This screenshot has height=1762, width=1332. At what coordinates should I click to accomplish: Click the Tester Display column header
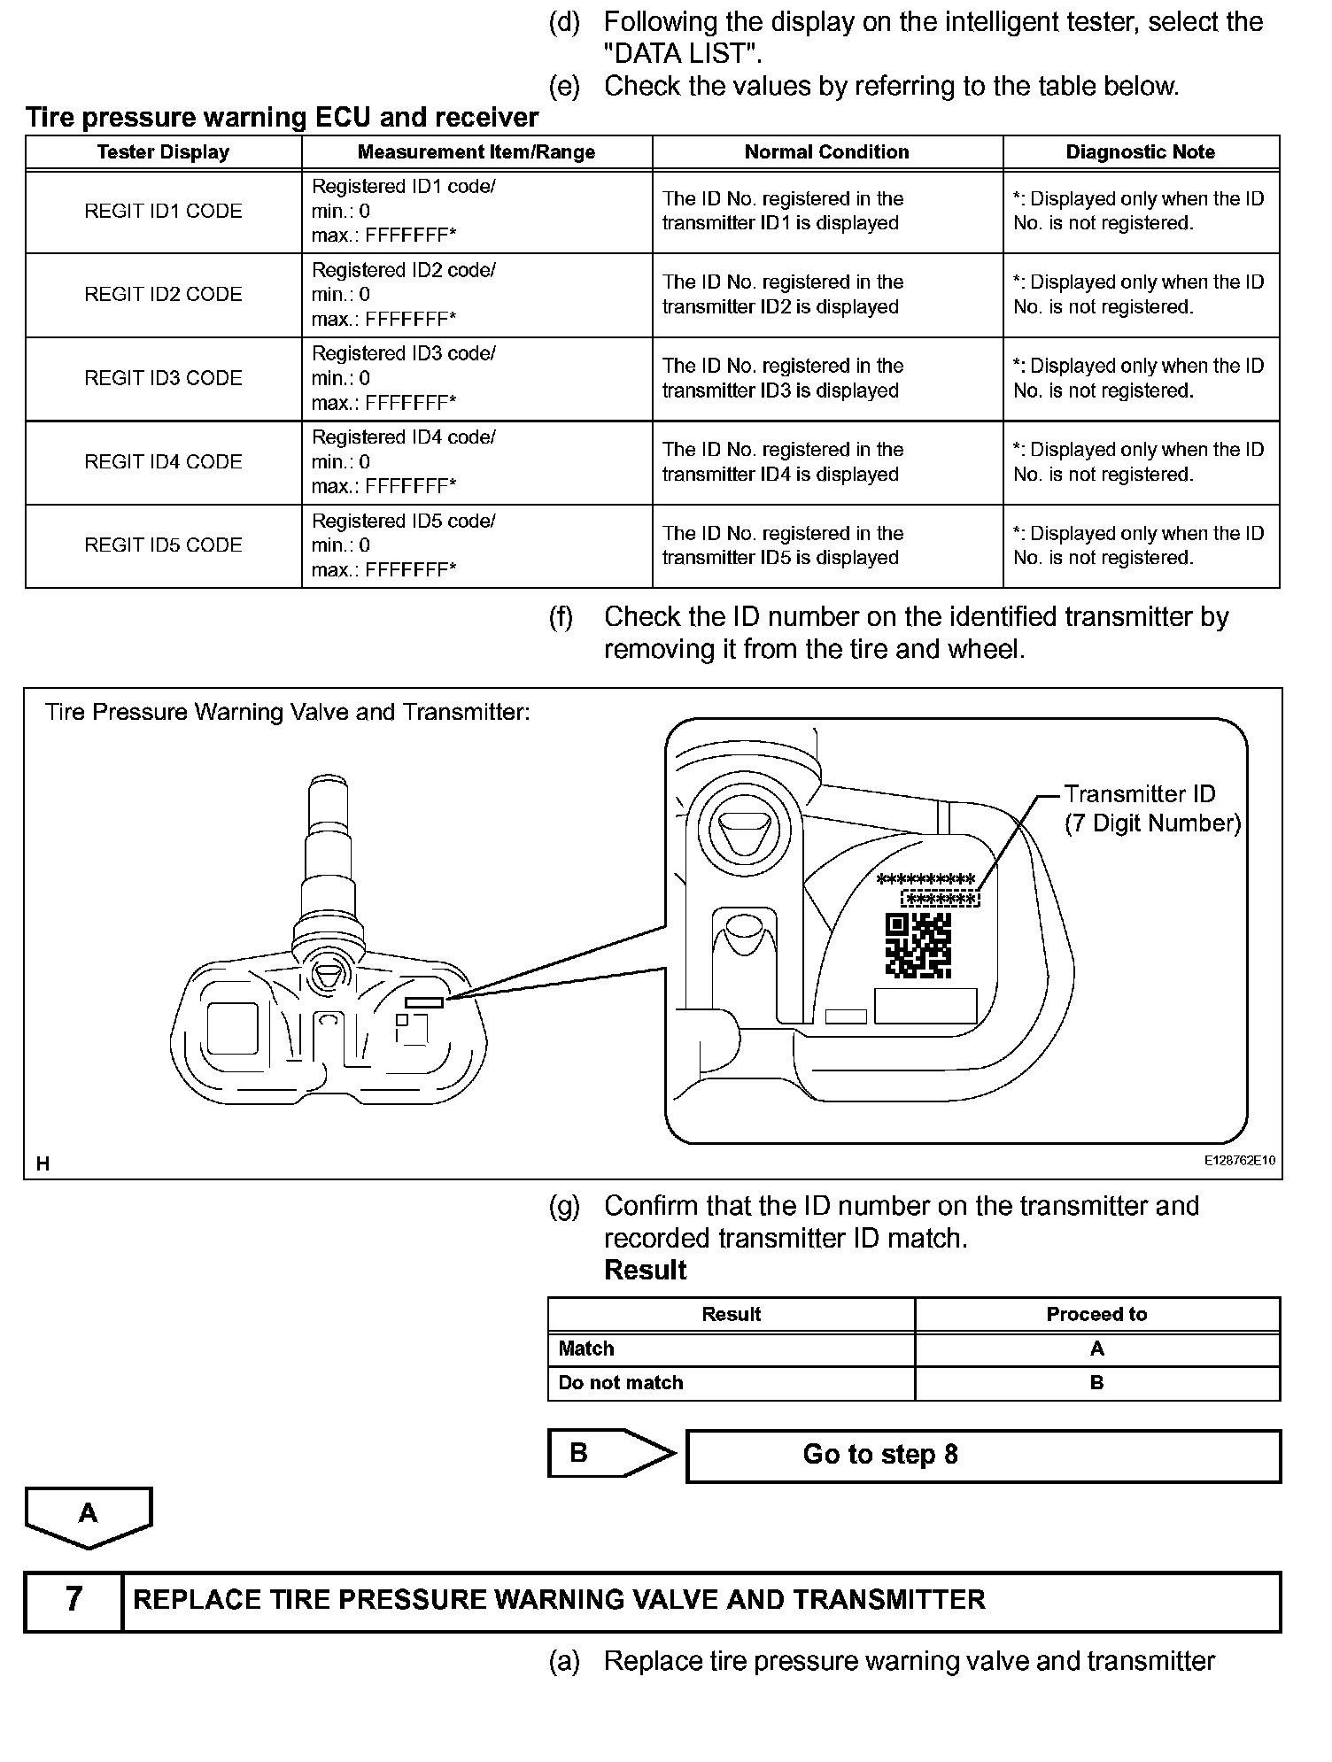click(x=163, y=152)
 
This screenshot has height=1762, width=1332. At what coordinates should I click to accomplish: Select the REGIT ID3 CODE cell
click(x=163, y=378)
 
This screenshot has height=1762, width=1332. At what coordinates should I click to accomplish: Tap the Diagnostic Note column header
click(x=1140, y=152)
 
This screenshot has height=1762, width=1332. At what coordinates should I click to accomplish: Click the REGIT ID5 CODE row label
click(x=163, y=545)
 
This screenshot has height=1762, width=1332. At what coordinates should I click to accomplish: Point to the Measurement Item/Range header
click(x=476, y=152)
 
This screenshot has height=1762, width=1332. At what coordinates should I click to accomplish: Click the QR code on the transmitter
click(x=918, y=945)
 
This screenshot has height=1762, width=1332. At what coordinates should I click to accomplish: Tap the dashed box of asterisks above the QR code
click(x=941, y=900)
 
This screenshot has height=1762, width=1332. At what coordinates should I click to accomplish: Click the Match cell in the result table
click(x=730, y=1349)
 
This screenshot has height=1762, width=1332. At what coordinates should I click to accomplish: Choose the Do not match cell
click(x=730, y=1382)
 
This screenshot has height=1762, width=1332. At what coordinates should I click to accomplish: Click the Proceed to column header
click(x=1096, y=1314)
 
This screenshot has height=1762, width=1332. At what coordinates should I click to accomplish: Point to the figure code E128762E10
click(x=1239, y=1161)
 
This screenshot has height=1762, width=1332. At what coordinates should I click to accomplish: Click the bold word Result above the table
click(x=645, y=1270)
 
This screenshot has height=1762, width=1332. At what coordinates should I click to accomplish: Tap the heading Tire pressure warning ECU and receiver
click(x=282, y=118)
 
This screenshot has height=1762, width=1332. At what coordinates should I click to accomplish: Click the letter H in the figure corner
click(x=43, y=1164)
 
